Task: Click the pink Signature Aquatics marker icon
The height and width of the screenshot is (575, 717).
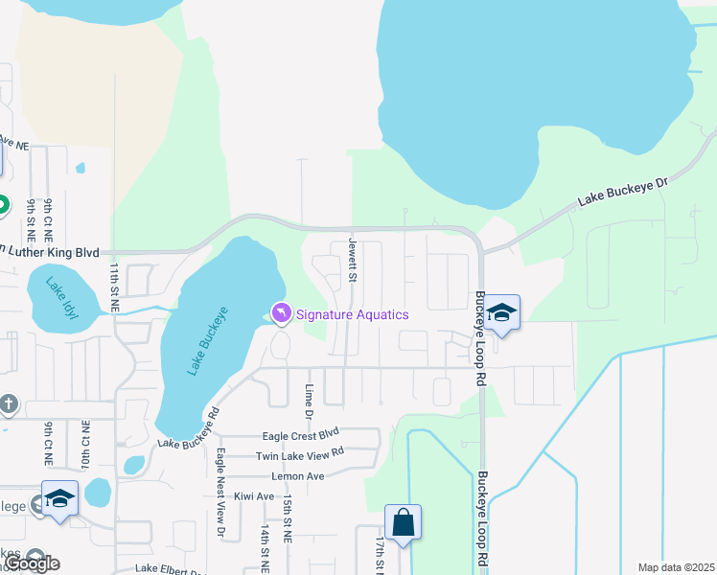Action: coord(281,313)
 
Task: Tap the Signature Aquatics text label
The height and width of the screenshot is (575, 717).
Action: coord(352,314)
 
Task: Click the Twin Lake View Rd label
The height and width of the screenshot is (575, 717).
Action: coord(299,454)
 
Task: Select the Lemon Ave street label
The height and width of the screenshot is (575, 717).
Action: coord(298,475)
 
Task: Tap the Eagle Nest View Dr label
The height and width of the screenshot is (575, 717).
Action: coord(220,493)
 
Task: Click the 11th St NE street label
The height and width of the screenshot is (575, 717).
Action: coord(113,287)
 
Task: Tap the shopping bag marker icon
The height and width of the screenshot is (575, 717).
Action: coord(403,522)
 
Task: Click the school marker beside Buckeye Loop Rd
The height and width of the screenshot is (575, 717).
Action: coord(500,311)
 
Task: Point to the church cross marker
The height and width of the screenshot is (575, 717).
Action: coord(9,403)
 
